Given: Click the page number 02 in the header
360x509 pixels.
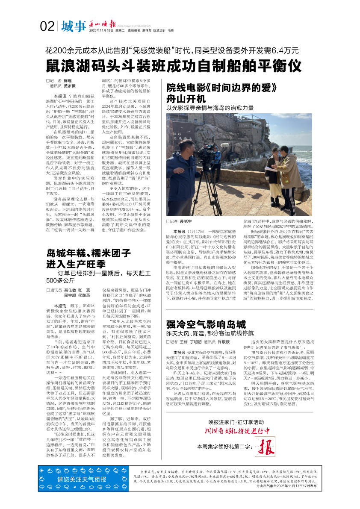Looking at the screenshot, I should tap(47, 27).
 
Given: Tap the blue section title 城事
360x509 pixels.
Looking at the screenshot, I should tap(73, 27).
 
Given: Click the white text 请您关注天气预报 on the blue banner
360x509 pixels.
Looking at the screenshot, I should tap(82, 480).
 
